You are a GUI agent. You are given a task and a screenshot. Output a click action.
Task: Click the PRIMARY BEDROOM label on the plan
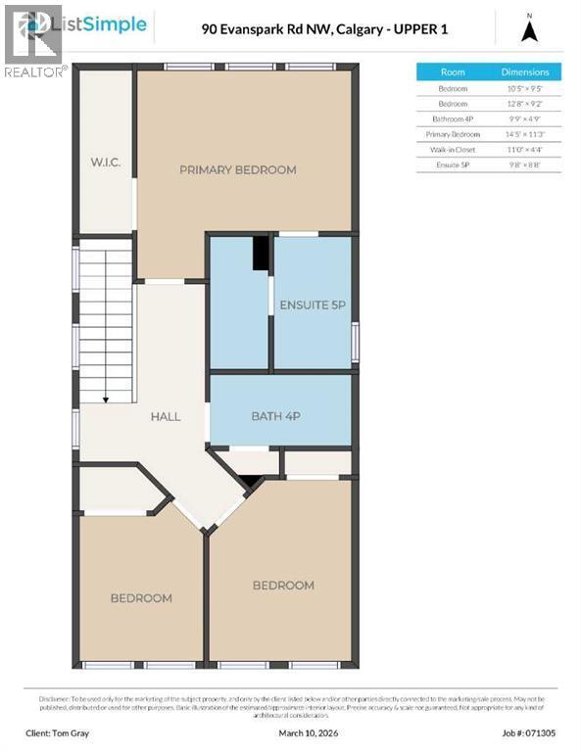pos(237,170)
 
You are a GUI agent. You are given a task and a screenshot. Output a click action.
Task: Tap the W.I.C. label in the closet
pos(106,162)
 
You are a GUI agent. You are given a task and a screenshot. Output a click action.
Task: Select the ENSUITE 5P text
pos(313,305)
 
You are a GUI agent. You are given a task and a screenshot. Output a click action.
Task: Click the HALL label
pos(165,416)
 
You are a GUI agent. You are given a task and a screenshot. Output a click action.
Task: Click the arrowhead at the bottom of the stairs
pos(105,398)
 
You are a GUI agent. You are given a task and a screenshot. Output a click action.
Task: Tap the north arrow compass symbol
pos(529,31)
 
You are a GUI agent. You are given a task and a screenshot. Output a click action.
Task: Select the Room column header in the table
pos(453,72)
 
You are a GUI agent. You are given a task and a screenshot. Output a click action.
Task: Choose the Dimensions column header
pos(525,72)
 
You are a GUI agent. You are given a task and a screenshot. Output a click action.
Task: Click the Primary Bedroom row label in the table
pos(453,133)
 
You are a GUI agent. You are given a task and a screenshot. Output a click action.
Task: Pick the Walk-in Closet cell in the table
pos(453,149)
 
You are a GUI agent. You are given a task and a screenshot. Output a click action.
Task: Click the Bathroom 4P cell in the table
pos(453,118)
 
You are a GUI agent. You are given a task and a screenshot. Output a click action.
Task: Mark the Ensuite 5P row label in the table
pos(453,164)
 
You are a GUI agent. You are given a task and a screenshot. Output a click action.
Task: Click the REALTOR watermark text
pos(35,71)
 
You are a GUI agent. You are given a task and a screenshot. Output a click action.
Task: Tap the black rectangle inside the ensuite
pos(261,253)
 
